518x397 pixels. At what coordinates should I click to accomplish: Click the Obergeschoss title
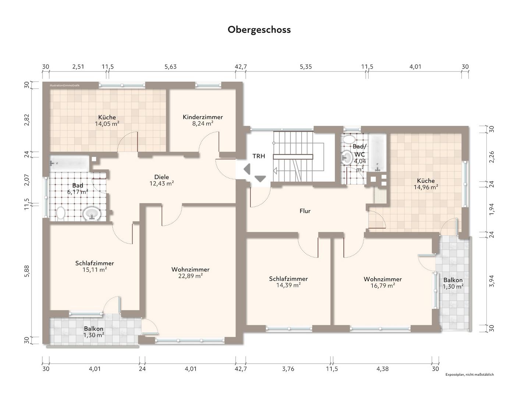259,29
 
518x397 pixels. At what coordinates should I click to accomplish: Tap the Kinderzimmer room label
203,117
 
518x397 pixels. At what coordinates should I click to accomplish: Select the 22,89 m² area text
190,276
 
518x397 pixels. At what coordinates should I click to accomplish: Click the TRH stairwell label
259,156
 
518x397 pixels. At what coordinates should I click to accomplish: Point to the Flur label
305,211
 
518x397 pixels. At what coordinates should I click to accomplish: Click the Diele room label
162,177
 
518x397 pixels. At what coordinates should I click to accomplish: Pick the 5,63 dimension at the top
170,67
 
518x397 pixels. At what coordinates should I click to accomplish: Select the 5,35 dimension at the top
306,67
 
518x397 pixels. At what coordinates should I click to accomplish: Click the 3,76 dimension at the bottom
288,369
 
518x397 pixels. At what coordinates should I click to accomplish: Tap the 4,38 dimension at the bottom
383,369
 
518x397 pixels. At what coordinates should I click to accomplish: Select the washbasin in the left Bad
92,214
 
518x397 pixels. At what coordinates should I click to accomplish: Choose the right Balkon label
453,280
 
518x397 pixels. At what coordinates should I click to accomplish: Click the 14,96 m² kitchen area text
426,187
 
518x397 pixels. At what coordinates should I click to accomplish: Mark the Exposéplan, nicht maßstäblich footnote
469,375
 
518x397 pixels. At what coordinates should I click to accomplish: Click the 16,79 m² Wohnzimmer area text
383,285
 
